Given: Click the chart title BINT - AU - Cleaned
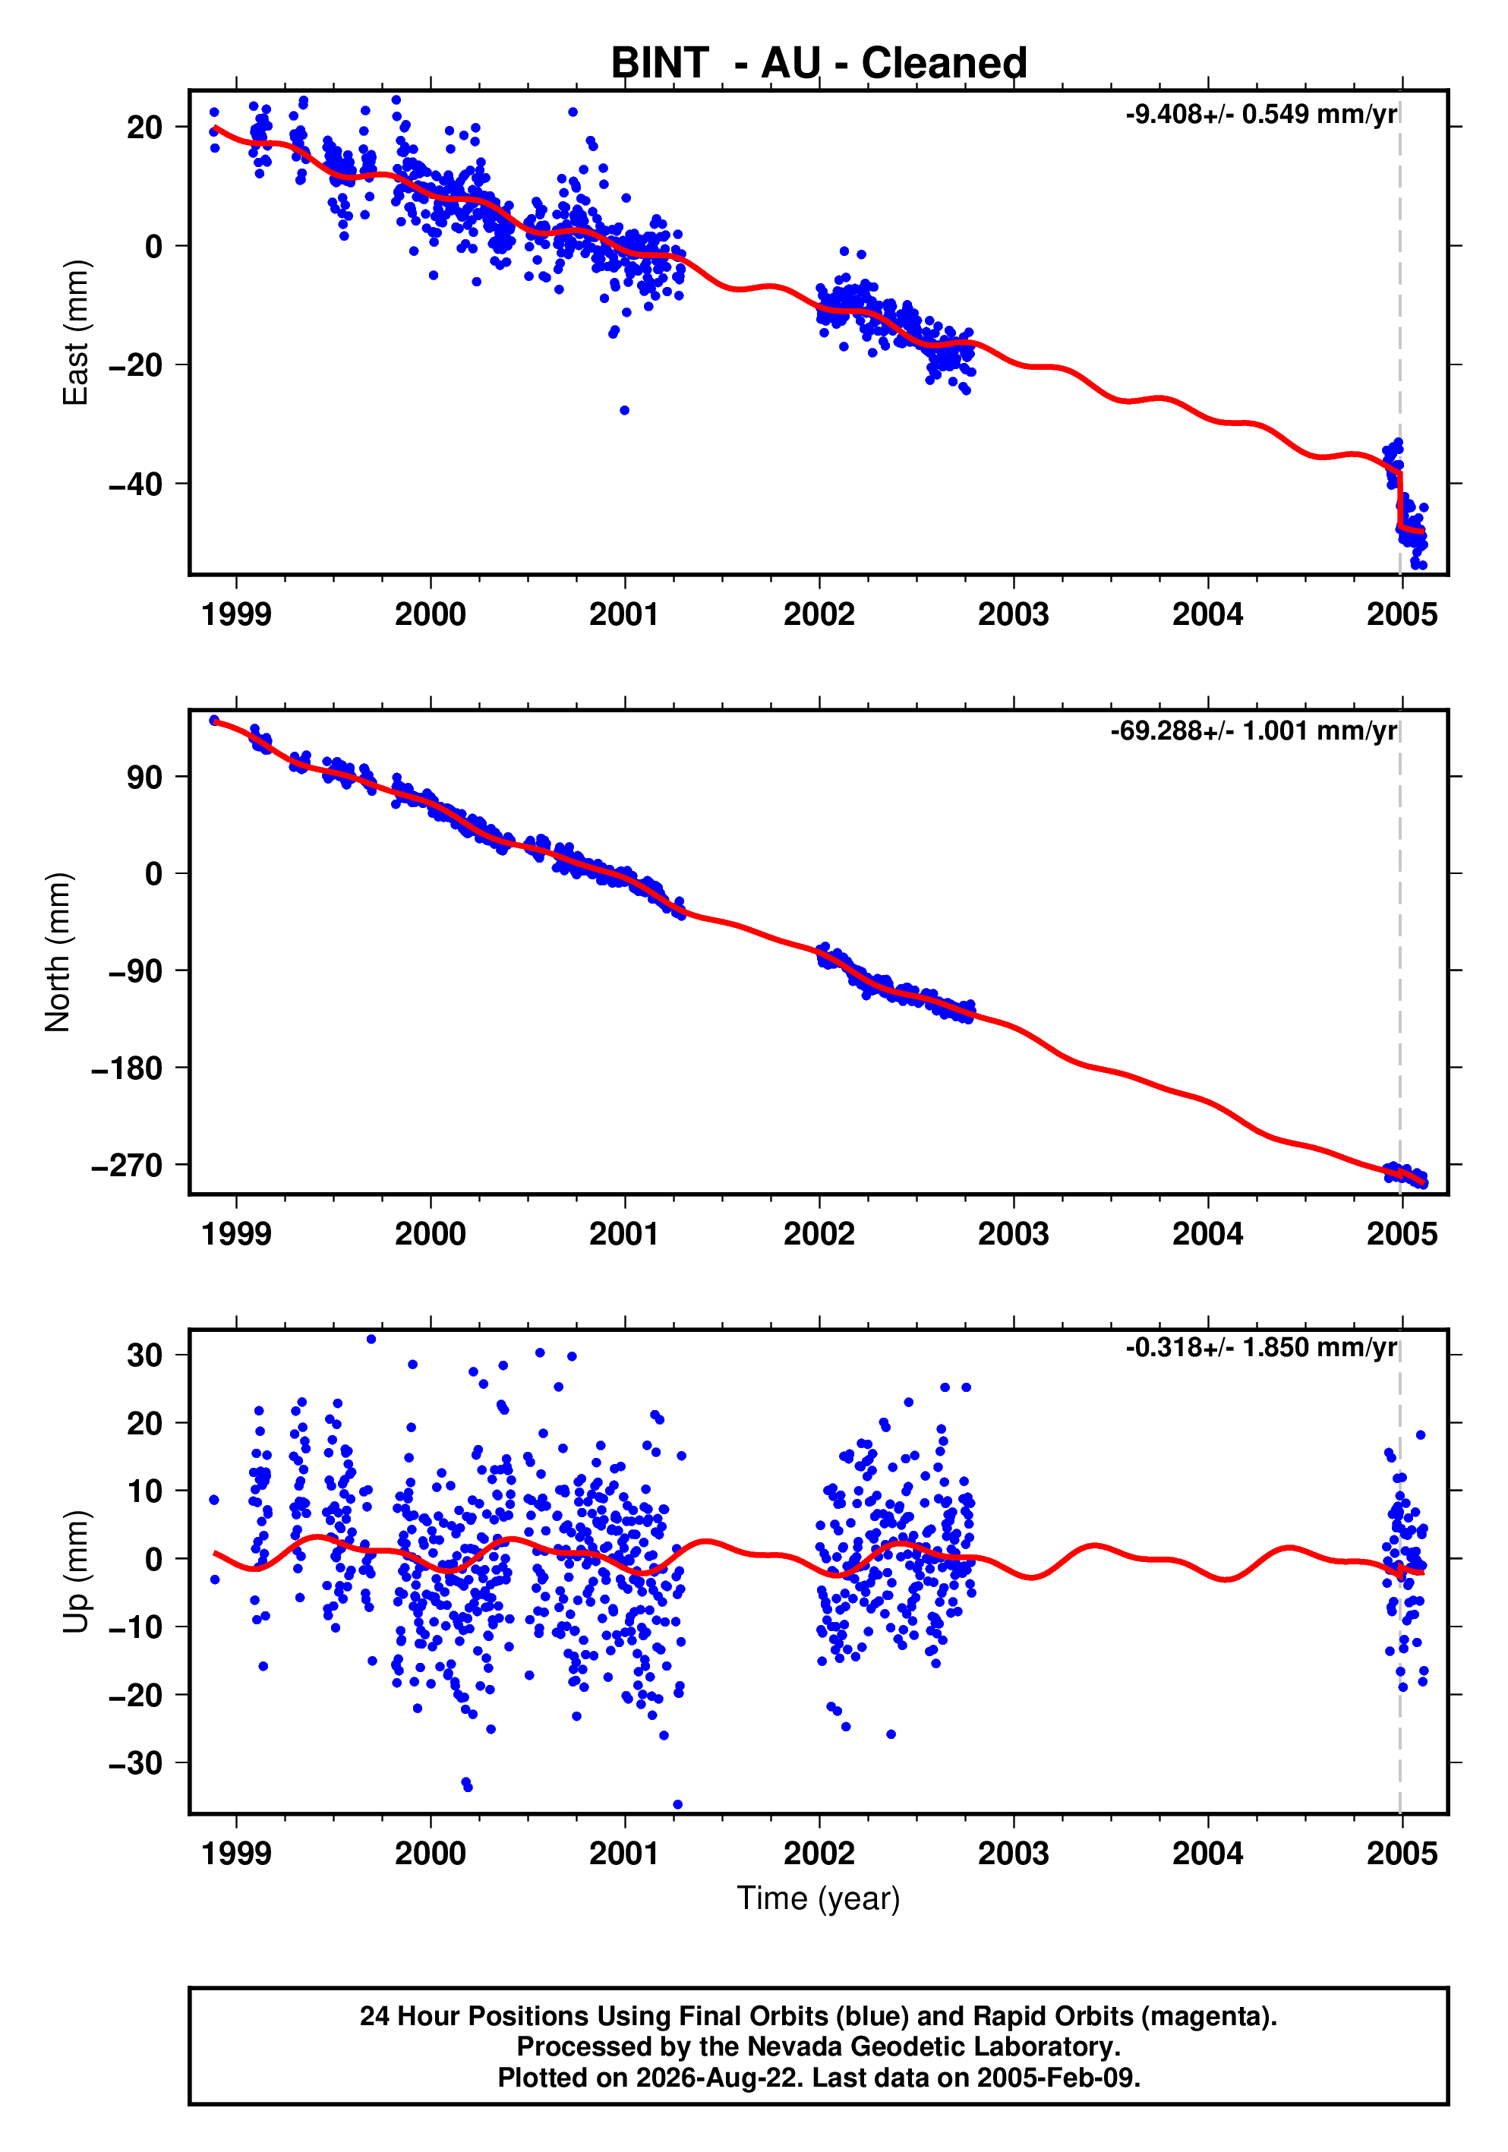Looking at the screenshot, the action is pyautogui.click(x=819, y=63).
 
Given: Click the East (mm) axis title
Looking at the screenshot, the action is pyautogui.click(x=75, y=333).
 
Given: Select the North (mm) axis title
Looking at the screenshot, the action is pyautogui.click(x=57, y=952).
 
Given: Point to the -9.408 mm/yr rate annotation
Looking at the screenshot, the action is pyautogui.click(x=1261, y=115).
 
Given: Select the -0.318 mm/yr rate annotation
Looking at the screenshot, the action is pyautogui.click(x=1261, y=1348).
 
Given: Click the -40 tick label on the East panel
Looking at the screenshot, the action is pyautogui.click(x=135, y=484).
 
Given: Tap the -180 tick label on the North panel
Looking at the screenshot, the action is pyautogui.click(x=127, y=1068).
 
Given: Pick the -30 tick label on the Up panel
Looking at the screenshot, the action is pyautogui.click(x=135, y=1764).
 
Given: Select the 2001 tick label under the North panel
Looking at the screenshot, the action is pyautogui.click(x=624, y=1233).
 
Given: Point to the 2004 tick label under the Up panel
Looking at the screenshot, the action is pyautogui.click(x=1207, y=1853).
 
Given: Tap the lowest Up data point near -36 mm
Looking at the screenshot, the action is pyautogui.click(x=677, y=1804).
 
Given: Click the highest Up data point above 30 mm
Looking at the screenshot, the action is pyautogui.click(x=371, y=1339).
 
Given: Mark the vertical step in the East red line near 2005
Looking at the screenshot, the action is pyautogui.click(x=1399, y=500).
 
